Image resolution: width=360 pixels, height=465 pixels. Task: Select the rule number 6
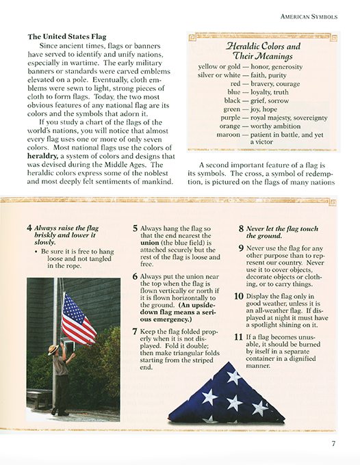(136, 276)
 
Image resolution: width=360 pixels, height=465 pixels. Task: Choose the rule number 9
(242, 247)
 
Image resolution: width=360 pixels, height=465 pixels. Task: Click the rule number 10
(239, 296)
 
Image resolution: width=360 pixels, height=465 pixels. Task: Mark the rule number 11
(239, 336)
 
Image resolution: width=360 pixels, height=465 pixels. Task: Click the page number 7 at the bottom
(332, 444)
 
